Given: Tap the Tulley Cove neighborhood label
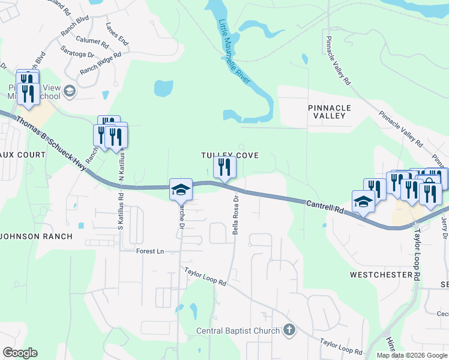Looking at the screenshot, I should point(229,155).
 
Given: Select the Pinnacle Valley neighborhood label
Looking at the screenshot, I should point(327,111).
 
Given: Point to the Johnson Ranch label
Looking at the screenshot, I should point(37,236).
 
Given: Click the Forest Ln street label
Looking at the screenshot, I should point(149,251).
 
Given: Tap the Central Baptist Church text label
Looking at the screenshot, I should point(238,331).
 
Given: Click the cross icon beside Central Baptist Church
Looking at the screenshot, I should point(289,330).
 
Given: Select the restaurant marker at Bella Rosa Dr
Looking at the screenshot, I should point(224,166).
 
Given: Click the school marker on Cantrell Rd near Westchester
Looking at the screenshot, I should point(363,202).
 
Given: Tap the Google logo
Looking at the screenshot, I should point(20,353).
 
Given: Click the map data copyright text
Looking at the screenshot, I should point(411,355).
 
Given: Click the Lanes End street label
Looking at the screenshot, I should point(117,34).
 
